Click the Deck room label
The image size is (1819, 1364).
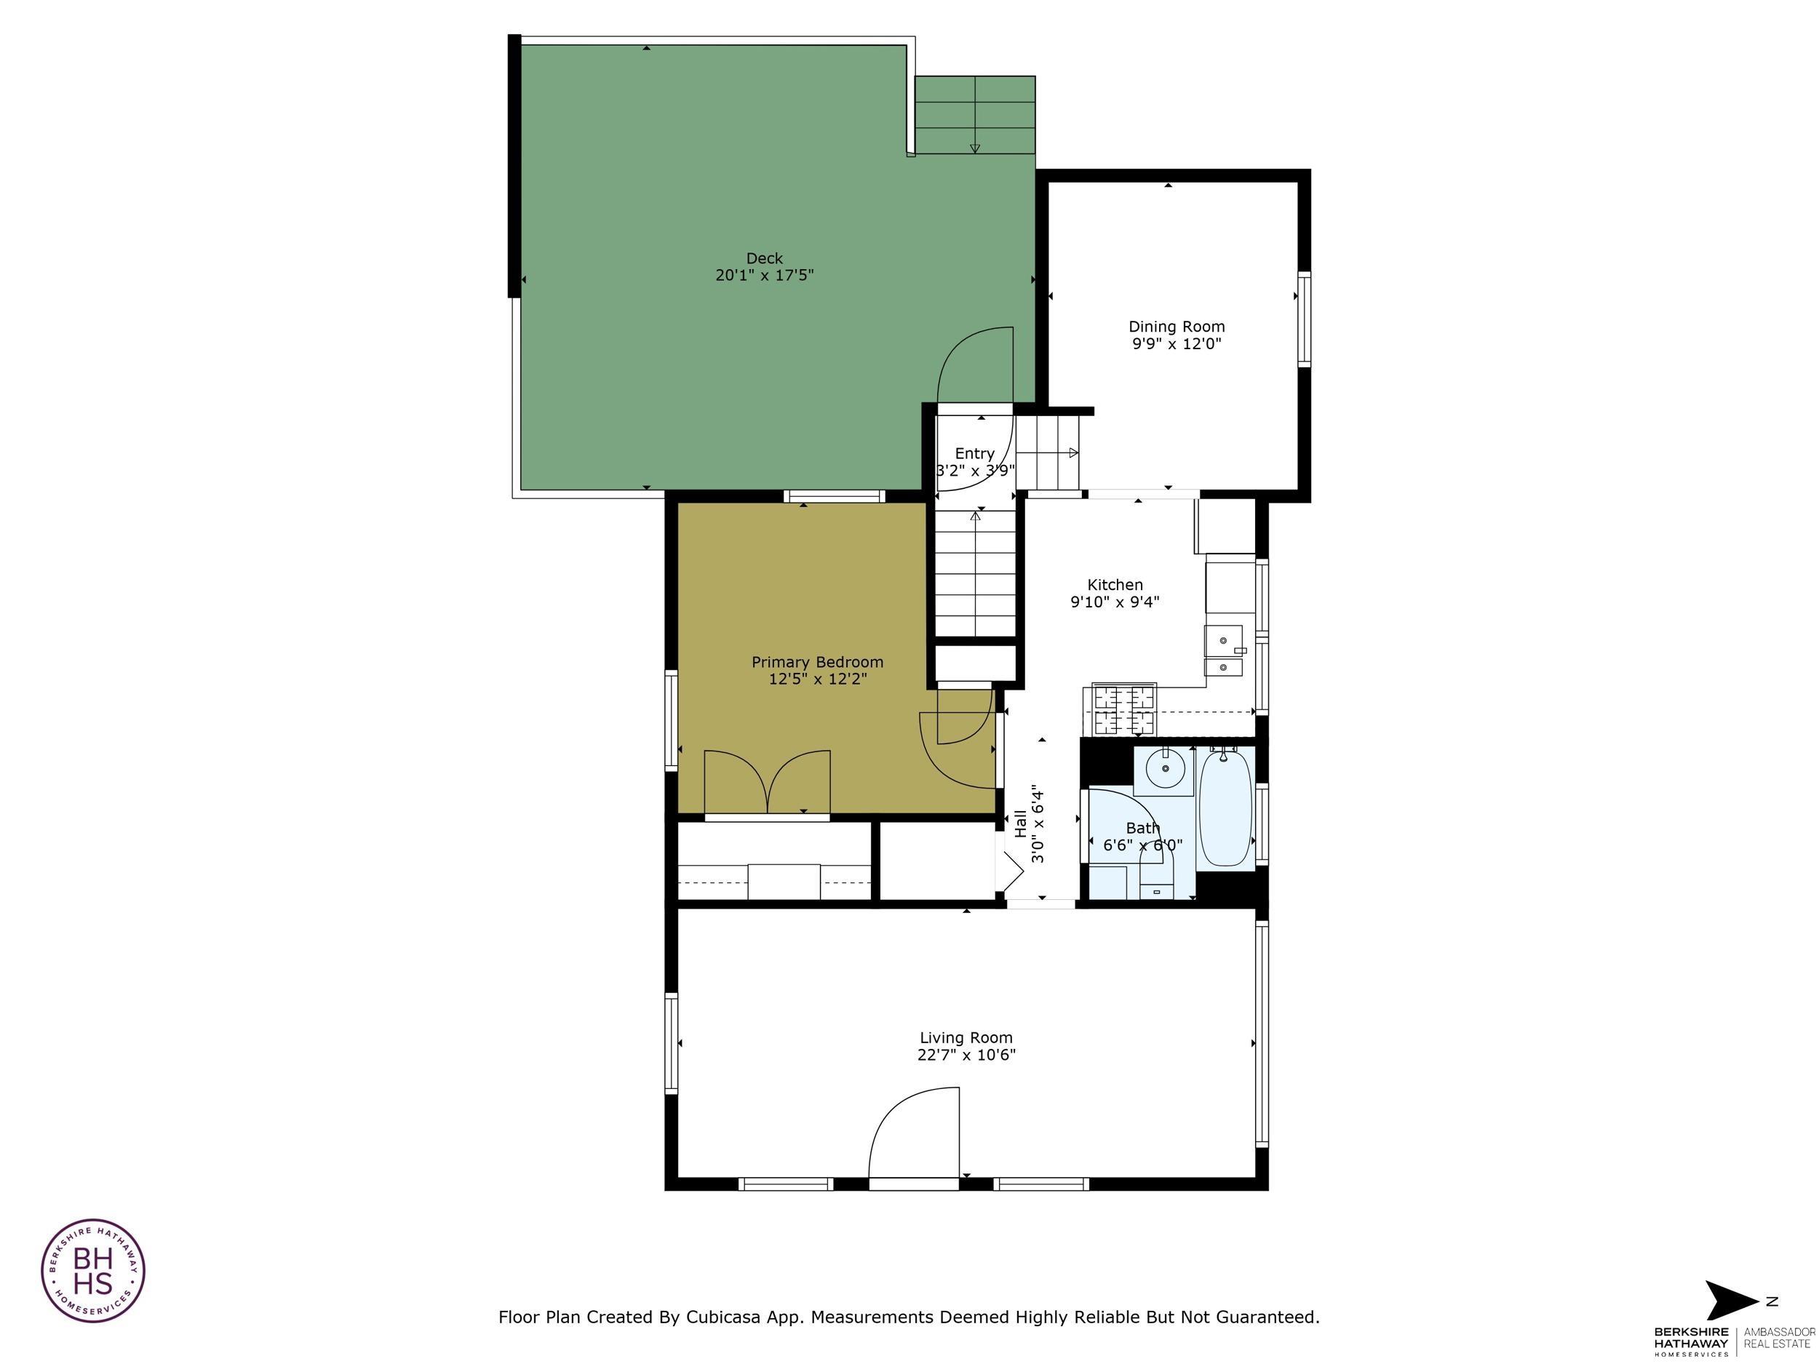click(764, 258)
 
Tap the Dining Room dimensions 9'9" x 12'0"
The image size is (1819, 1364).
click(1176, 343)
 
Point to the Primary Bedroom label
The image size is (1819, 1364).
click(816, 662)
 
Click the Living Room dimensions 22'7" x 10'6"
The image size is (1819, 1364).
click(966, 1055)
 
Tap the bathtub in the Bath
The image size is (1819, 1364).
click(1225, 808)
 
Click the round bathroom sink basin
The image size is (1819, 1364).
click(1164, 769)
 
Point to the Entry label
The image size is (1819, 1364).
click(974, 454)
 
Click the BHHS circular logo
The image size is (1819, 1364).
click(93, 1270)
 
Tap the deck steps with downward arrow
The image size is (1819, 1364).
click(974, 115)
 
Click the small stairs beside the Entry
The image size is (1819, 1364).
click(1047, 453)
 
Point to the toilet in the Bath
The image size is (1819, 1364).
click(1155, 876)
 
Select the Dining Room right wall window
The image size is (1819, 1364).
click(1303, 318)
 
